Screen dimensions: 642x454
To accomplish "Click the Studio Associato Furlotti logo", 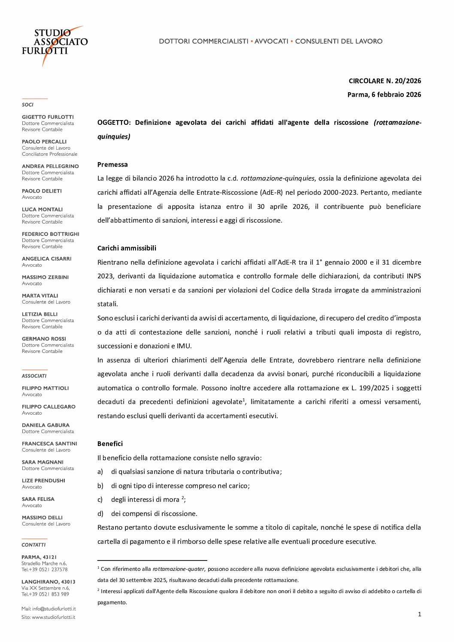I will coord(54,45).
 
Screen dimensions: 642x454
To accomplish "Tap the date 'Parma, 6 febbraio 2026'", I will coord(384,94).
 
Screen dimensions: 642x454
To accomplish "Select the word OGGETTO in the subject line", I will coord(113,123).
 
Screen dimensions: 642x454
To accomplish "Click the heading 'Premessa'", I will coord(112,164).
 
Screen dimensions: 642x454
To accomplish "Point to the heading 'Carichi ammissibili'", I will coord(127,248).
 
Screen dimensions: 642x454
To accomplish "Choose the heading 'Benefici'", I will coord(110,443).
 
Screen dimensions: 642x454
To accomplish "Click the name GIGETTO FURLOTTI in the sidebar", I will coord(48,117).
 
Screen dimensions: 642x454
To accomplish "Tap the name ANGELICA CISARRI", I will coord(46,259).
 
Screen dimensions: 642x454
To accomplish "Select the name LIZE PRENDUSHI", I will coord(43,480).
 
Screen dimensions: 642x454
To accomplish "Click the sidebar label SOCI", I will coord(27,105).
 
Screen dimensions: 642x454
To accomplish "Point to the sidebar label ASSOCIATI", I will coord(34,376).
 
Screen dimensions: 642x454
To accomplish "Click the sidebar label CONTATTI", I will coord(33,545).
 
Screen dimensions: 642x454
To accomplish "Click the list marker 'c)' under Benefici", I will coord(100,500).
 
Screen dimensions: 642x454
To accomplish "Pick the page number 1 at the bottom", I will coord(419,614).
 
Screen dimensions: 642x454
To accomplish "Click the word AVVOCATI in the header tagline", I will coord(271,41).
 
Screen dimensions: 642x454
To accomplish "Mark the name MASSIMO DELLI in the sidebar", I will coord(42,518).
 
